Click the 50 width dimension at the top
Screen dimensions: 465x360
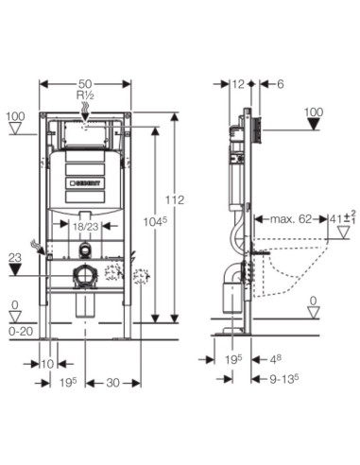(x=85, y=84)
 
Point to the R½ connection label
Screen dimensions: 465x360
(x=86, y=96)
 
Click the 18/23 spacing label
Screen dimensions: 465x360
(x=86, y=227)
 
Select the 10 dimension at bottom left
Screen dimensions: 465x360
(x=47, y=364)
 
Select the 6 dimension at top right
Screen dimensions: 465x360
(x=281, y=84)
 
